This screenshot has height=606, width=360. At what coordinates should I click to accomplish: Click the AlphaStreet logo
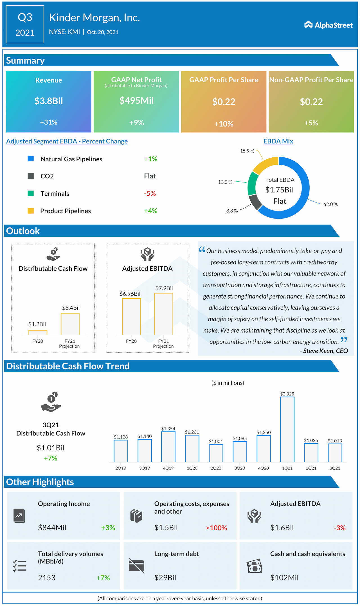(328, 25)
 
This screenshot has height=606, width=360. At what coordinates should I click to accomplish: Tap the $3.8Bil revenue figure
(49, 101)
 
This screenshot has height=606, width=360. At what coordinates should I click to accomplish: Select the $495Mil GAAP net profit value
(136, 101)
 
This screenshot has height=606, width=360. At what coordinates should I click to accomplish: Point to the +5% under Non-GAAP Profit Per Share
(311, 123)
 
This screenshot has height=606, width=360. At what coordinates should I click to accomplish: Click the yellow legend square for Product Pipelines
(31, 211)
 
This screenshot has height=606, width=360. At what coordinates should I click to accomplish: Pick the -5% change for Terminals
(150, 193)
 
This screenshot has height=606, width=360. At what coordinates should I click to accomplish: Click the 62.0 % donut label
(330, 204)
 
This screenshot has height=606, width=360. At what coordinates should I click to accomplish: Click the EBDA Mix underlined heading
(278, 141)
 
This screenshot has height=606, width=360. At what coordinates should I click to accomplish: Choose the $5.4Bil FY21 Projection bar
(70, 324)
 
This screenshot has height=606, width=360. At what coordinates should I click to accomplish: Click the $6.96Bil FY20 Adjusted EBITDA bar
(131, 316)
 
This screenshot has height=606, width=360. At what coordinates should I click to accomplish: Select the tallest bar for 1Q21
(287, 429)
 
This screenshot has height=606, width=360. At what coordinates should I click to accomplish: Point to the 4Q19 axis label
(168, 468)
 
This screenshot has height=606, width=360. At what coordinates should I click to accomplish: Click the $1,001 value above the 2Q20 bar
(216, 442)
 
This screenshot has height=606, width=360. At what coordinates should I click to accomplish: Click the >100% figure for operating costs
(217, 528)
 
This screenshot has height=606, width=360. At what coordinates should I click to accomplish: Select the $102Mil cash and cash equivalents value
(284, 578)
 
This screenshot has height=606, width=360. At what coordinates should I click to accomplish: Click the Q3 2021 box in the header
(25, 24)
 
